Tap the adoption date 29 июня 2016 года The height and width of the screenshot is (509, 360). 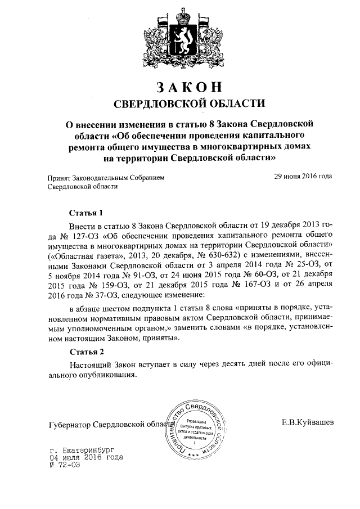pos(303,177)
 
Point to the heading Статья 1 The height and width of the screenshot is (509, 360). pos(86,213)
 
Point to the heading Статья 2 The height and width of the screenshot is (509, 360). pos(86,353)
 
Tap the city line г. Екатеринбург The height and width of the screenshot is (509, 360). pos(82,451)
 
